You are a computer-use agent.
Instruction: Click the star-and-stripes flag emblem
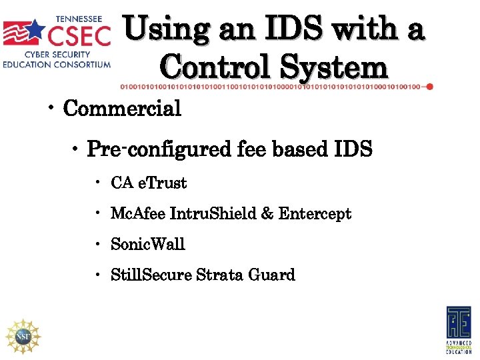(x=25, y=34)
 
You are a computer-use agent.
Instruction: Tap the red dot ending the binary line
(x=429, y=86)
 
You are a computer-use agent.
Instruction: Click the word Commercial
(x=122, y=109)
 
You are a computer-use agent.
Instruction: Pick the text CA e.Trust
(x=149, y=183)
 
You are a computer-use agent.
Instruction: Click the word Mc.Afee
(x=137, y=214)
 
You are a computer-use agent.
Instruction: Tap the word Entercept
(x=315, y=214)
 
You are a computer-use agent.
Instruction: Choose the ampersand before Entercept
(x=267, y=214)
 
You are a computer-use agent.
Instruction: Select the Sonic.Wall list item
(x=148, y=245)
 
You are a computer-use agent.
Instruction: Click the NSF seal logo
(x=23, y=335)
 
